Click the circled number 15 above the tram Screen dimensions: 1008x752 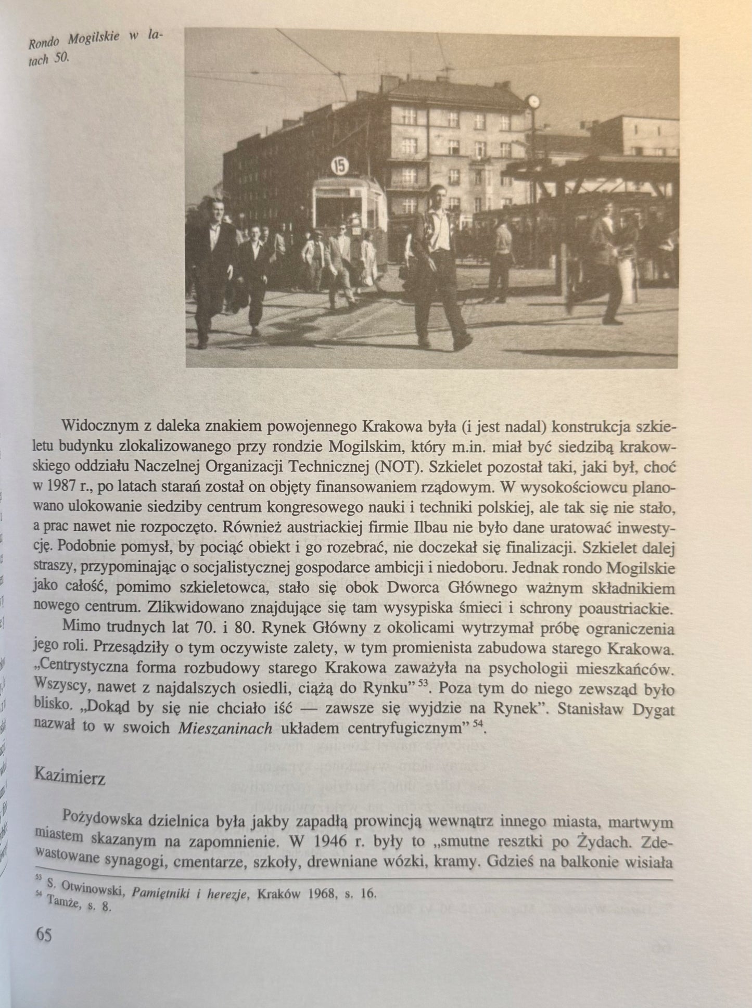pos(339,165)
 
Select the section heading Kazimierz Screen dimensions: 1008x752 pos(69,777)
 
